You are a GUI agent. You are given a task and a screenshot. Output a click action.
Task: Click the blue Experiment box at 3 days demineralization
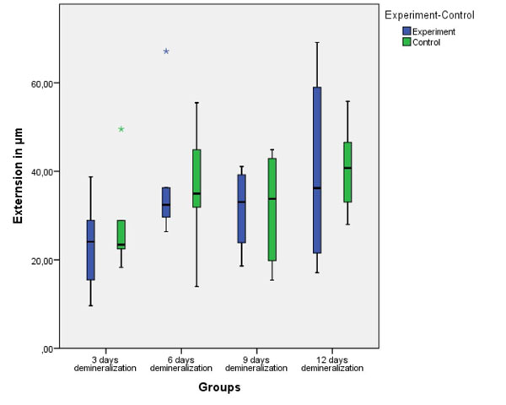90,250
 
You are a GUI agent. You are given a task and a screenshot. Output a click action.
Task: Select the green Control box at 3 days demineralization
121,234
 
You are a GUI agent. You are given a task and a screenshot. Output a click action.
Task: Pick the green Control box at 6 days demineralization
196,178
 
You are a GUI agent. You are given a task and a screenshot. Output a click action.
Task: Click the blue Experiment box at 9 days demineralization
242,208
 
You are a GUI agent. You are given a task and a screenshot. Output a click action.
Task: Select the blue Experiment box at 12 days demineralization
317,170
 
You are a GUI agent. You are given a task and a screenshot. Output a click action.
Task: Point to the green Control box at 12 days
347,172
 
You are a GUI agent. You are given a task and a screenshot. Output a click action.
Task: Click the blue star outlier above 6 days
166,51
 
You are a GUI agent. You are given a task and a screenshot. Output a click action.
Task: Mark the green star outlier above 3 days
121,129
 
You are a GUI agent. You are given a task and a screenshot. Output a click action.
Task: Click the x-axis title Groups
219,388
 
